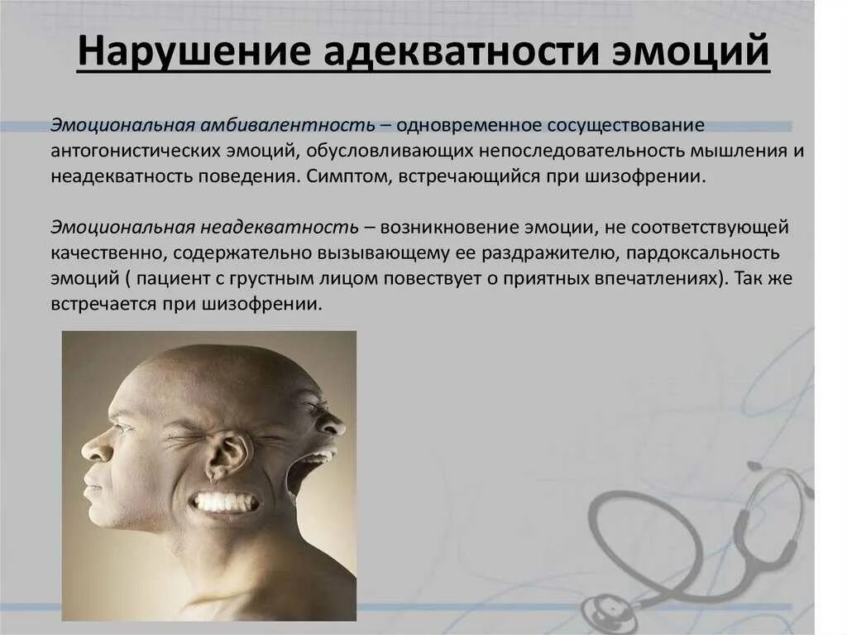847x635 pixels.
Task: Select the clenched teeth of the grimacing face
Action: click(x=223, y=502)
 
